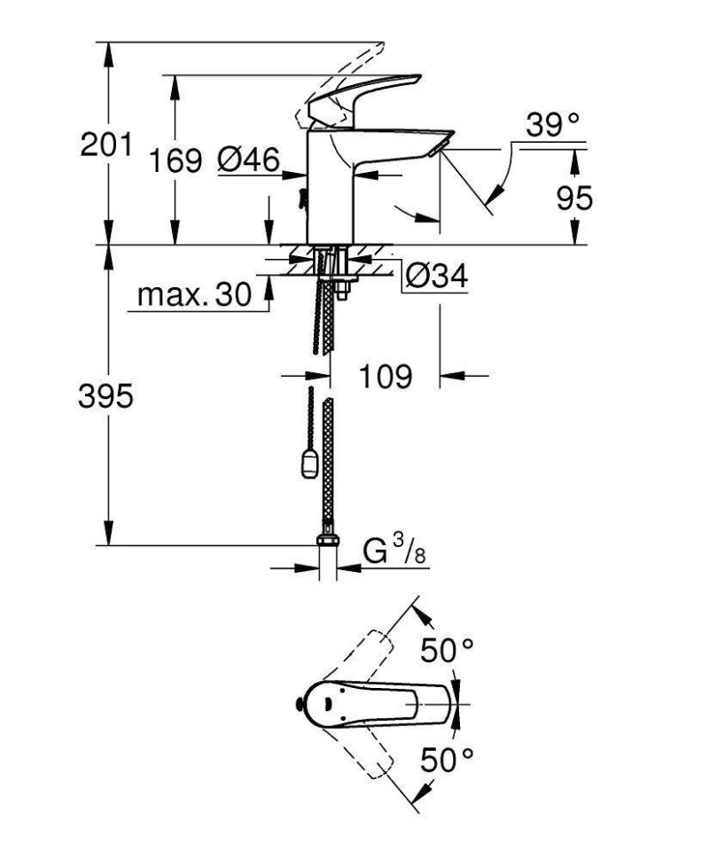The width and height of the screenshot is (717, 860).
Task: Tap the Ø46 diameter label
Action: pos(248,160)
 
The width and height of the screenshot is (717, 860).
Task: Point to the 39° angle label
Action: pos(554,125)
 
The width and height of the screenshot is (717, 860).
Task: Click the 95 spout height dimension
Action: pos(574,199)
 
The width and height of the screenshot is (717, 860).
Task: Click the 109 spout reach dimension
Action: pos(386,377)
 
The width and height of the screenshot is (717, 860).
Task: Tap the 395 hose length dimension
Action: pos(106,395)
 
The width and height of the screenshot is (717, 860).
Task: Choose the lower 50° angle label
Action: pos(447,759)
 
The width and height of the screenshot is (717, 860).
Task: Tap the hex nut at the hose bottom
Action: pos(327,540)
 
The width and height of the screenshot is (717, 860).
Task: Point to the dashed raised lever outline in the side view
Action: pos(346,71)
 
